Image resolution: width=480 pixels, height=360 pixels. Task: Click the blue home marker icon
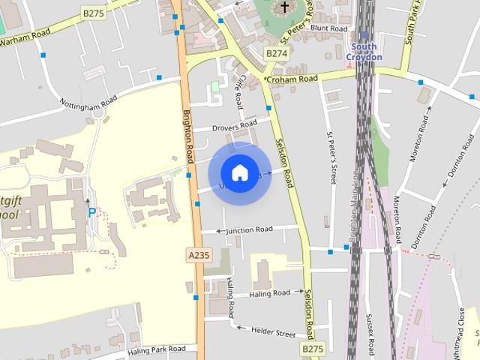pyautogui.click(x=239, y=173)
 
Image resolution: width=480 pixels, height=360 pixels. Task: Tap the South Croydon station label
pyautogui.click(x=365, y=52)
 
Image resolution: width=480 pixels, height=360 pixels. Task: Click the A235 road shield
pyautogui.click(x=199, y=256)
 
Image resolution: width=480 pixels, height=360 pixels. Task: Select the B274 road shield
pyautogui.click(x=277, y=53)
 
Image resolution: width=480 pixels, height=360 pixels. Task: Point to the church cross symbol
pyautogui.click(x=285, y=8)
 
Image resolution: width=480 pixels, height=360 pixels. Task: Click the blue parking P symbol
pyautogui.click(x=92, y=212)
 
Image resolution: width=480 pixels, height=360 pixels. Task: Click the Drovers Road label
pyautogui.click(x=235, y=124)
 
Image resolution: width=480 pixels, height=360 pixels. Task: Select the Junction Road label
pyautogui.click(x=251, y=229)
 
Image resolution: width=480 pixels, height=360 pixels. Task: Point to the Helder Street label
pyautogui.click(x=273, y=332)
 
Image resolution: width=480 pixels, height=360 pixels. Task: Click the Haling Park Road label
pyautogui.click(x=156, y=349)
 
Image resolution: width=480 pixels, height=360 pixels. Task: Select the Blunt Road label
pyautogui.click(x=329, y=28)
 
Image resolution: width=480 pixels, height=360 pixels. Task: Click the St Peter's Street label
pyautogui.click(x=330, y=158)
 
